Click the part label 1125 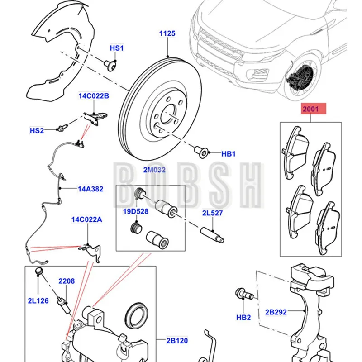[x=167, y=33]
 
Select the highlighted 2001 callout [x=310, y=109]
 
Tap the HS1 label [x=116, y=48]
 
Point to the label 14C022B [x=94, y=96]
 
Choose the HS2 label [x=37, y=130]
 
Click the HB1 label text [x=229, y=154]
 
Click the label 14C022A [x=86, y=220]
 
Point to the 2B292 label [x=276, y=312]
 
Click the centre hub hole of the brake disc [x=167, y=111]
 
